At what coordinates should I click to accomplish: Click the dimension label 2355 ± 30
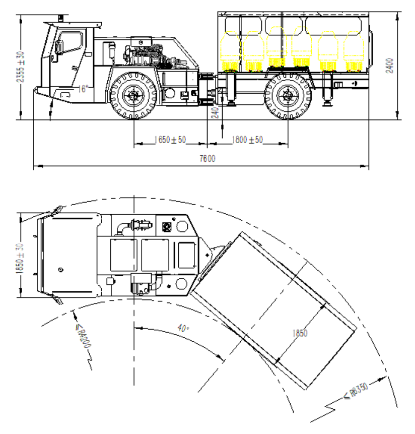click(20, 67)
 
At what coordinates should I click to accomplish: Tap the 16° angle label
click(83, 89)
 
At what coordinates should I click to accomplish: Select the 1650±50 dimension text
click(170, 140)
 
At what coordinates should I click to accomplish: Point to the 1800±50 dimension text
click(247, 140)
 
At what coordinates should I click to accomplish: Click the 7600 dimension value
click(208, 159)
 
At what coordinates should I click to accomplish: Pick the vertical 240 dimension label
click(215, 112)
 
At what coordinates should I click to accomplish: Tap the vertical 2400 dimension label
click(390, 66)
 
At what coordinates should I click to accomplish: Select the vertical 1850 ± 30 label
click(20, 259)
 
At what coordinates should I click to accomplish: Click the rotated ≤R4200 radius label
click(83, 336)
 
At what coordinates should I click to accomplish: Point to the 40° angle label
click(183, 329)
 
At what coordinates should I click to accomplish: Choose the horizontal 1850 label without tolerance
click(300, 333)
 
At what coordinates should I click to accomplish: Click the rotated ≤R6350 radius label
click(357, 391)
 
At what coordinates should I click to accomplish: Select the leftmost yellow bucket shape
click(230, 51)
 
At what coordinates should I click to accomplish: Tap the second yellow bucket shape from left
click(253, 51)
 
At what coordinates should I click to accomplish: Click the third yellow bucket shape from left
click(276, 47)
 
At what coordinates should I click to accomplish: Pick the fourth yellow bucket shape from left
click(302, 47)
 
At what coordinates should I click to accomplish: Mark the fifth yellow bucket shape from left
click(328, 51)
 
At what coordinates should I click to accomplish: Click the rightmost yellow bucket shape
click(354, 51)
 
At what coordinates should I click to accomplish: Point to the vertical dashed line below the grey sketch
click(164, 86)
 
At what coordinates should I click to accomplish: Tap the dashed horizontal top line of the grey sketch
click(140, 37)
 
